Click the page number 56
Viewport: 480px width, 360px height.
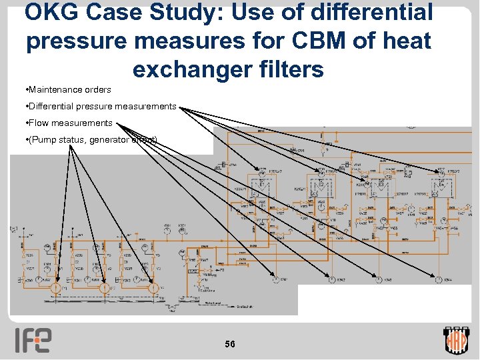tap(230, 344)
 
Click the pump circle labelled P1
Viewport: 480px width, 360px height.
tap(57, 288)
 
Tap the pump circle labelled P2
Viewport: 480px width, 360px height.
tap(104, 288)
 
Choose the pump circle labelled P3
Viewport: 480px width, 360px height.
tap(153, 288)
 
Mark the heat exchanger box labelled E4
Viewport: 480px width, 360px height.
tap(442, 184)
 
